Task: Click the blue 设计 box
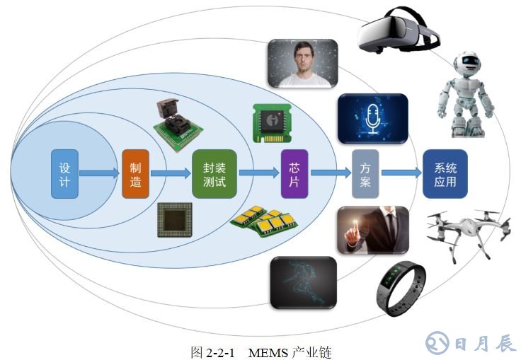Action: point(64,173)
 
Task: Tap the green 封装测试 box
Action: point(214,173)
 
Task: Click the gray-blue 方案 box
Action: point(365,173)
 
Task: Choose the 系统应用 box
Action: point(445,173)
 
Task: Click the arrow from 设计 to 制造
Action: point(99,173)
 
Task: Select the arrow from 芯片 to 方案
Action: point(330,173)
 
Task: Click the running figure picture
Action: point(302,281)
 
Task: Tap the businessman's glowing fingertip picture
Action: point(372,231)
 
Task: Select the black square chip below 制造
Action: point(173,219)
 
